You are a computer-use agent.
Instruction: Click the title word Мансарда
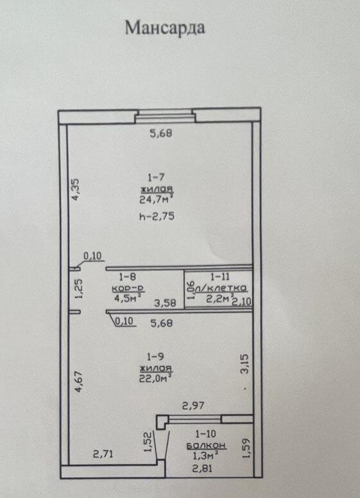tap(165, 29)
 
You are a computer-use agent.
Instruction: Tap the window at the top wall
tap(165, 116)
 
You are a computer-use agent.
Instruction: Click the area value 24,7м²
tap(157, 198)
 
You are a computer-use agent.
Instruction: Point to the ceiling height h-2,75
tap(157, 217)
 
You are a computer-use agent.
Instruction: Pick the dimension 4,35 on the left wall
tap(76, 191)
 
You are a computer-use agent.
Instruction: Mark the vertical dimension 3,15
tap(243, 364)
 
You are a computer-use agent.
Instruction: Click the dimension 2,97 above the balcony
tap(193, 406)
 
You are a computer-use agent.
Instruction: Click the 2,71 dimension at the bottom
tap(103, 455)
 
